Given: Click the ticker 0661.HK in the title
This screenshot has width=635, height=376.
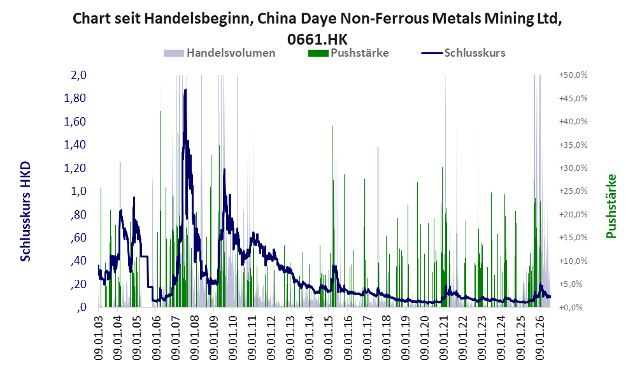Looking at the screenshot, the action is pos(317,40).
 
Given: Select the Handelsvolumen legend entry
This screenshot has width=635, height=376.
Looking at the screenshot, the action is pos(219,53).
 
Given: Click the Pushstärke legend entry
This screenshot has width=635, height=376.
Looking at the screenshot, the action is pos(348,53).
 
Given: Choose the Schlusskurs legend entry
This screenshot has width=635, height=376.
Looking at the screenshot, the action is pos(463,53).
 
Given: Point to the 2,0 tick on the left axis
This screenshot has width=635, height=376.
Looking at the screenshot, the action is pos(78,75).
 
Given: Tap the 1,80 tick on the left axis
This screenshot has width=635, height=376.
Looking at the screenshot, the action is pos(75,98).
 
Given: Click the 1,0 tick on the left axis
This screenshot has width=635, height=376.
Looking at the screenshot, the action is pos(78,191).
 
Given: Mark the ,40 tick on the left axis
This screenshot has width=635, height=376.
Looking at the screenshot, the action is pos(78,261).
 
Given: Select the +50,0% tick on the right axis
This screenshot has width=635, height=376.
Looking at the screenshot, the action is pos(573,75).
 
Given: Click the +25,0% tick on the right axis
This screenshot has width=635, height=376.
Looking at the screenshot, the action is pos(573,191).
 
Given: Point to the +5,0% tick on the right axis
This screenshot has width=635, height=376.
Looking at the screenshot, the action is pos(573,284).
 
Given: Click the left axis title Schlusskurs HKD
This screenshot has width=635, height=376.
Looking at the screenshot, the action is pos(25,212).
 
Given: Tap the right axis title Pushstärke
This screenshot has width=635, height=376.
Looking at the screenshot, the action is pos(611,206).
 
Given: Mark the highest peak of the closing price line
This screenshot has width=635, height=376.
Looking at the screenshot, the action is pos(185,90).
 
